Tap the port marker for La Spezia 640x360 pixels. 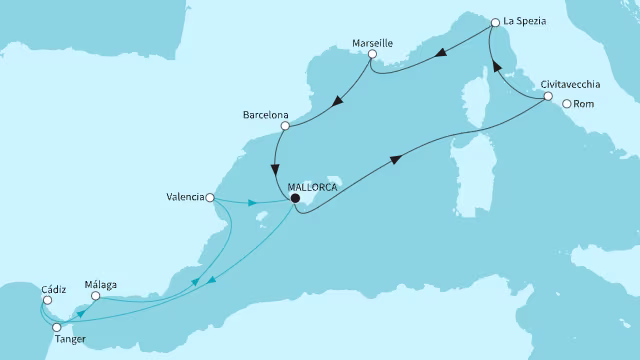point(495,21)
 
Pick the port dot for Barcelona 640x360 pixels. point(285,126)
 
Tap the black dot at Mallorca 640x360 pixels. point(295,198)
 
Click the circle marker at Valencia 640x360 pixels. point(210,198)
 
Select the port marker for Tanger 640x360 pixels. point(57,327)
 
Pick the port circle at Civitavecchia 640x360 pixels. point(548,97)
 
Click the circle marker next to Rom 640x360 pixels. point(567,103)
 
